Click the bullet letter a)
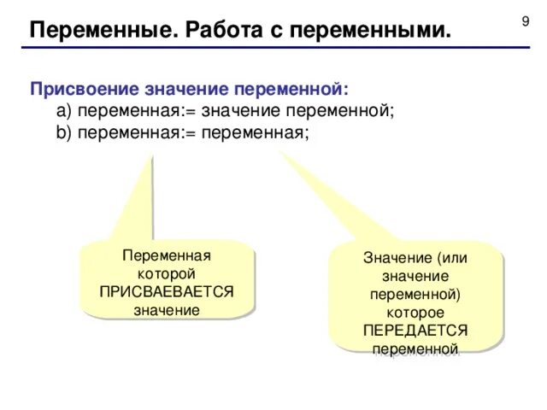(x=64, y=111)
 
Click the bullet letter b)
(x=64, y=133)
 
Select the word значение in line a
(x=242, y=111)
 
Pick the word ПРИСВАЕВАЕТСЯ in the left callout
(x=167, y=291)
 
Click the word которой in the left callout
(x=167, y=273)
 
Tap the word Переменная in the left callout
(x=167, y=255)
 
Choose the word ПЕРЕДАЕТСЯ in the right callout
(x=415, y=331)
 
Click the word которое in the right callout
(x=415, y=313)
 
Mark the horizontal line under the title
(x=273, y=48)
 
